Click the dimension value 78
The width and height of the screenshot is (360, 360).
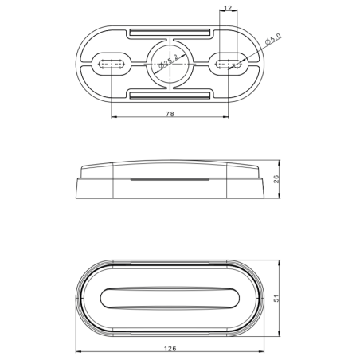[170, 115]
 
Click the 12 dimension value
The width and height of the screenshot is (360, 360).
[228, 8]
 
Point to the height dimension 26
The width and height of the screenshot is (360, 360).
[276, 180]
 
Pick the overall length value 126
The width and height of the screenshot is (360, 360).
[170, 347]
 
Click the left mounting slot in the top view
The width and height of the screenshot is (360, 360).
[111, 63]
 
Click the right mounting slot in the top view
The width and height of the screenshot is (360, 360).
[228, 63]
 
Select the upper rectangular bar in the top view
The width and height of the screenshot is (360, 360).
[169, 33]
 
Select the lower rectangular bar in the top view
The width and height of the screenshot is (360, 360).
[169, 96]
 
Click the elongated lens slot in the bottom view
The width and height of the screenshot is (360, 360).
[169, 297]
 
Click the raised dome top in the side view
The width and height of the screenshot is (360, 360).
[169, 170]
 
